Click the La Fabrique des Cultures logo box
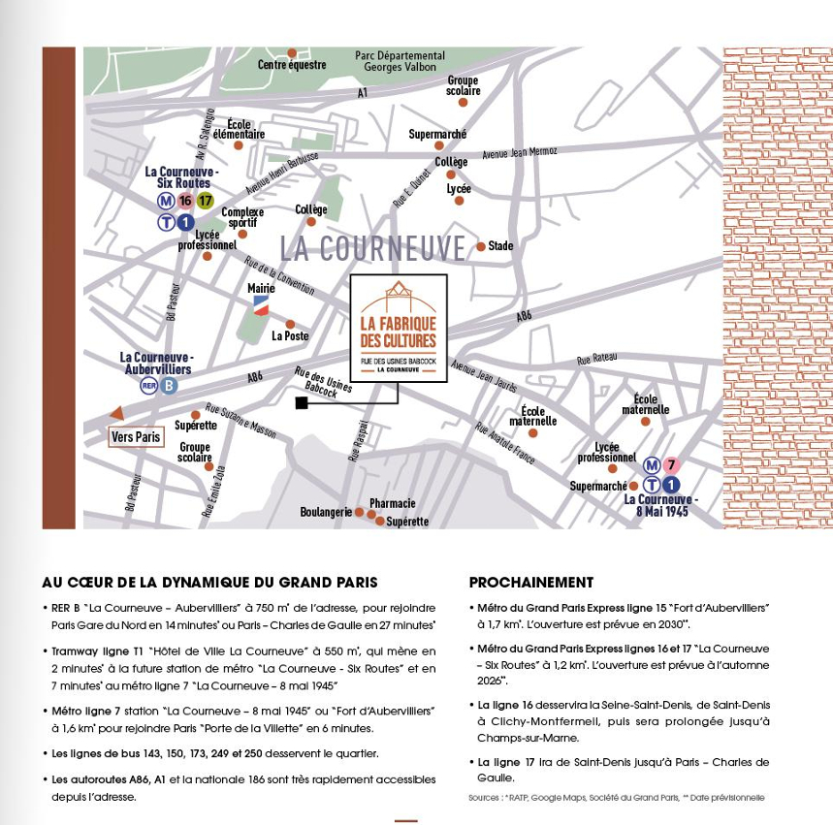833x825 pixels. tap(399, 328)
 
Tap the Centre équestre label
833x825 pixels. tap(292, 65)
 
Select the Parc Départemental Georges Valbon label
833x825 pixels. tap(400, 62)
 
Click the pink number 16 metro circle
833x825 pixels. tap(185, 202)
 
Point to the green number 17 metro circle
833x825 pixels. tap(205, 202)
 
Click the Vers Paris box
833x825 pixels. tap(136, 437)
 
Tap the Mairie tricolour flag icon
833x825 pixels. tap(260, 305)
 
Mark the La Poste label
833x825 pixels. tap(289, 336)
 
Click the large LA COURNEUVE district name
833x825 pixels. tap(373, 248)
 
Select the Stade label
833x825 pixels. tap(500, 246)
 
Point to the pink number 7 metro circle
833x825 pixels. tap(671, 465)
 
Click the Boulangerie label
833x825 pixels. tap(326, 512)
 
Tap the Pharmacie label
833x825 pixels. tap(392, 503)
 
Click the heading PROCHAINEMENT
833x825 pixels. tap(530, 583)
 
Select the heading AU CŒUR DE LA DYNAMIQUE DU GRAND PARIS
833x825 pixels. tap(209, 583)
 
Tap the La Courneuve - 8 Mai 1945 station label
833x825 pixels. tap(661, 505)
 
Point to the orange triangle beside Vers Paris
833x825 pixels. tap(116, 413)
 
